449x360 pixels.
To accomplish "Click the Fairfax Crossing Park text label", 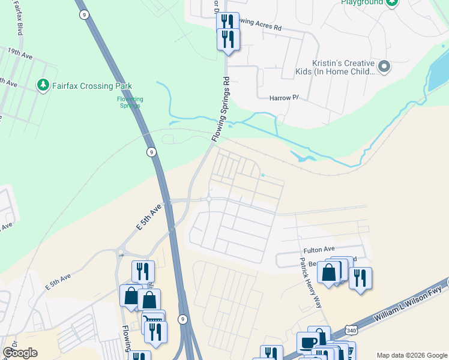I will click(92, 86).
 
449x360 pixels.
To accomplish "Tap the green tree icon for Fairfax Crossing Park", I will click(43, 85).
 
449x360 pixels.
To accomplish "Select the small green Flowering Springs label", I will click(129, 102).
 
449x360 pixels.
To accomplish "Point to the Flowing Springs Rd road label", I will click(221, 109).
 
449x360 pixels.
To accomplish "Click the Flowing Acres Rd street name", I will click(259, 25).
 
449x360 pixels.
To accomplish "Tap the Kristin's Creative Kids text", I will click(343, 67).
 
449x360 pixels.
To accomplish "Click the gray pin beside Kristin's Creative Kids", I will click(385, 66).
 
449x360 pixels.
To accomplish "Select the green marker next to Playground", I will click(392, 2).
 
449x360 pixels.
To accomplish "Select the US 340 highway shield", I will click(352, 329).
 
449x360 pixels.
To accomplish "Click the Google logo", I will click(20, 353).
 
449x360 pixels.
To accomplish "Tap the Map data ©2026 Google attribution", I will click(411, 355).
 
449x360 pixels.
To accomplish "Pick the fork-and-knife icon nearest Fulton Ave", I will click(360, 278).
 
